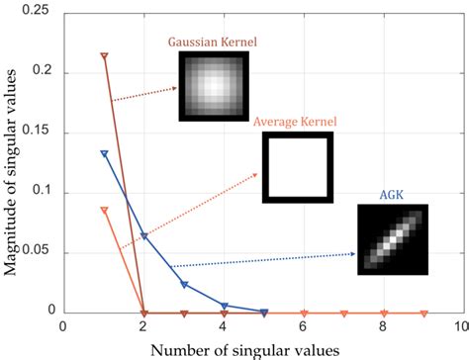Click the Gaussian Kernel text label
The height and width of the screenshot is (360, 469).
pyautogui.click(x=212, y=43)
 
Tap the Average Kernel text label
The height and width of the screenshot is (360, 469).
pyautogui.click(x=295, y=122)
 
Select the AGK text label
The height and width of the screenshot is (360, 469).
pyautogui.click(x=392, y=196)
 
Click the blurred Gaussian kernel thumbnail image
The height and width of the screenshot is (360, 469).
pyautogui.click(x=213, y=86)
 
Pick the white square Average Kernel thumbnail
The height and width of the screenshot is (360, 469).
pyautogui.click(x=297, y=166)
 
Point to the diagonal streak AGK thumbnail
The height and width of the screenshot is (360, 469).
pyautogui.click(x=393, y=239)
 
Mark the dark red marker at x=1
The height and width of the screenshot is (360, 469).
pyautogui.click(x=105, y=55)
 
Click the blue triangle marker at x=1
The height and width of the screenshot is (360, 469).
pyautogui.click(x=105, y=153)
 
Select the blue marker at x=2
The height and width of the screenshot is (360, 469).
pyautogui.click(x=144, y=236)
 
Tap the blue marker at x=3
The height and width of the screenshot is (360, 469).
pyautogui.click(x=184, y=285)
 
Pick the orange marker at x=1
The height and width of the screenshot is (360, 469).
pyautogui.click(x=105, y=210)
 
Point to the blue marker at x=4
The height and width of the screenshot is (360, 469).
pyautogui.click(x=224, y=306)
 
